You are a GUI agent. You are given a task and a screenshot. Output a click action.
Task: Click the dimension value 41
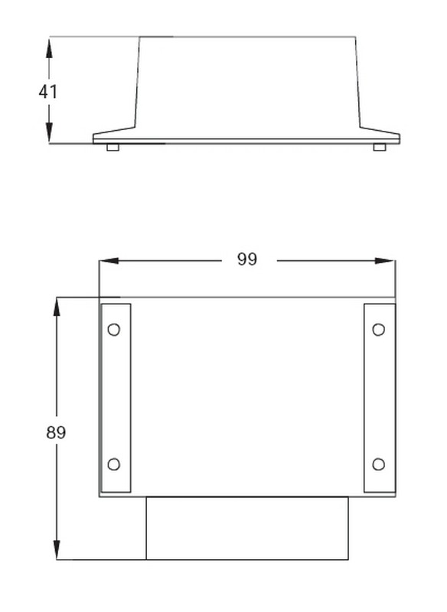click(x=48, y=91)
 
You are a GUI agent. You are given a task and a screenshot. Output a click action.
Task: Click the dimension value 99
click(x=246, y=260)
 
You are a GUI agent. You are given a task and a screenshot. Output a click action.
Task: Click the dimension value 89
click(x=56, y=432)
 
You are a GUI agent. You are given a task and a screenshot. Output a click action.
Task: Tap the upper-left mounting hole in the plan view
click(x=114, y=330)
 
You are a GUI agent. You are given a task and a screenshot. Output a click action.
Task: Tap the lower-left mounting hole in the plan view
click(x=114, y=464)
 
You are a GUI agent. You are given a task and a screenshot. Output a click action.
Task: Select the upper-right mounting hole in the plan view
click(x=378, y=330)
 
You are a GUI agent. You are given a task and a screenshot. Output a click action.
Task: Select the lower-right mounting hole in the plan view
click(x=378, y=464)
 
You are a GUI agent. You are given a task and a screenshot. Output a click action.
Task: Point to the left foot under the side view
click(x=113, y=147)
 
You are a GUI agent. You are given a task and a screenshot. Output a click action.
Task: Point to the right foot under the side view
click(x=380, y=147)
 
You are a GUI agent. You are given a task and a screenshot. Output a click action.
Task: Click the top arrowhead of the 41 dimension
click(x=49, y=46)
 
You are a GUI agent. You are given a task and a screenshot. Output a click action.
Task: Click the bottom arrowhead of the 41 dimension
click(x=49, y=133)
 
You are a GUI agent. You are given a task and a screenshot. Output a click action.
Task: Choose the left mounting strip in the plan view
click(x=116, y=398)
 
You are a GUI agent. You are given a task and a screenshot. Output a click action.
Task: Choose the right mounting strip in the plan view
click(x=380, y=398)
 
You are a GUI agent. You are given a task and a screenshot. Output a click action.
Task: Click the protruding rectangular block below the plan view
click(x=246, y=528)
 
